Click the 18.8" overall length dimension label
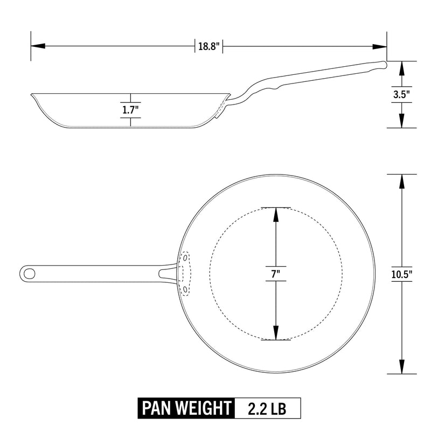tap(209, 46)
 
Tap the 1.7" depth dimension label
tap(130, 110)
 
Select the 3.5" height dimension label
tap(401, 94)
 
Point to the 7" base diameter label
tap(276, 274)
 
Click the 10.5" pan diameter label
tap(402, 274)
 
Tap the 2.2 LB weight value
tap(267, 408)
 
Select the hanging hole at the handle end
tap(29, 274)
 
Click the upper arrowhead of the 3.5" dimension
tap(402, 67)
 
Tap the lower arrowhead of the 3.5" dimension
tap(402, 122)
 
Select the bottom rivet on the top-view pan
tap(186, 290)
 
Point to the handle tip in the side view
tap(384, 64)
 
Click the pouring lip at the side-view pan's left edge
tap(33, 96)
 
